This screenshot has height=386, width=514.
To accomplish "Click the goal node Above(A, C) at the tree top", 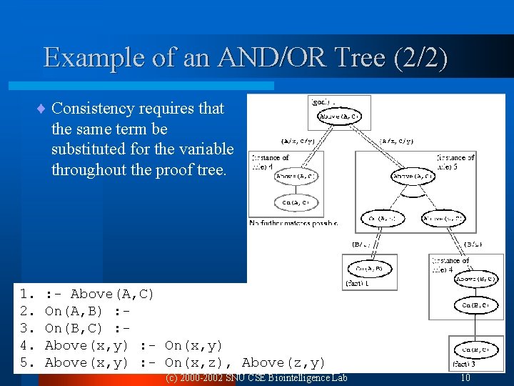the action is [x=339, y=117].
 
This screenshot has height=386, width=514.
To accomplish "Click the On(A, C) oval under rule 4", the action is [x=296, y=203].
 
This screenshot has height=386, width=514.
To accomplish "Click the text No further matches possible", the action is [x=293, y=224].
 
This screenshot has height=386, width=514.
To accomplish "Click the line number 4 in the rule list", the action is [x=24, y=345].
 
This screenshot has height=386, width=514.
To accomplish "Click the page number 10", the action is [x=465, y=377].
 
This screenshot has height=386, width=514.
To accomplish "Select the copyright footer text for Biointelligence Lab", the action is [x=256, y=377].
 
